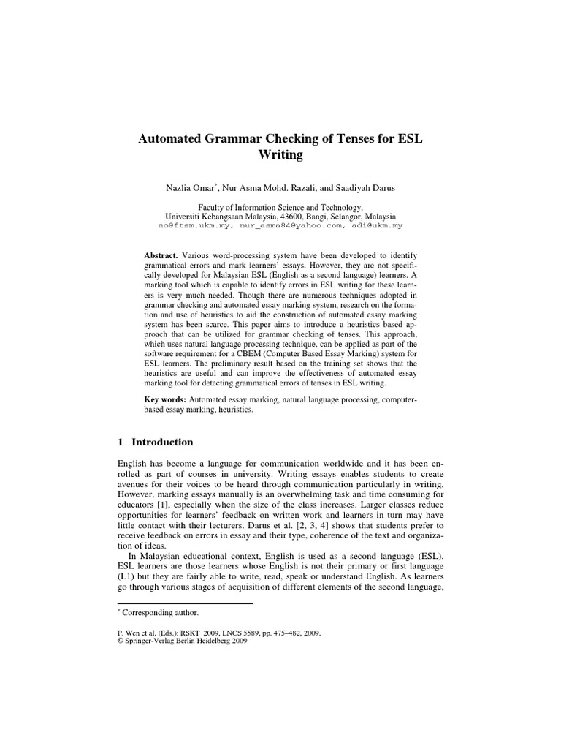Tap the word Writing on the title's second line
[x=280, y=154]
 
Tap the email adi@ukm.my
[x=375, y=227]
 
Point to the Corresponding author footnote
[x=160, y=613]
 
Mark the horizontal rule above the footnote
[x=185, y=603]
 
